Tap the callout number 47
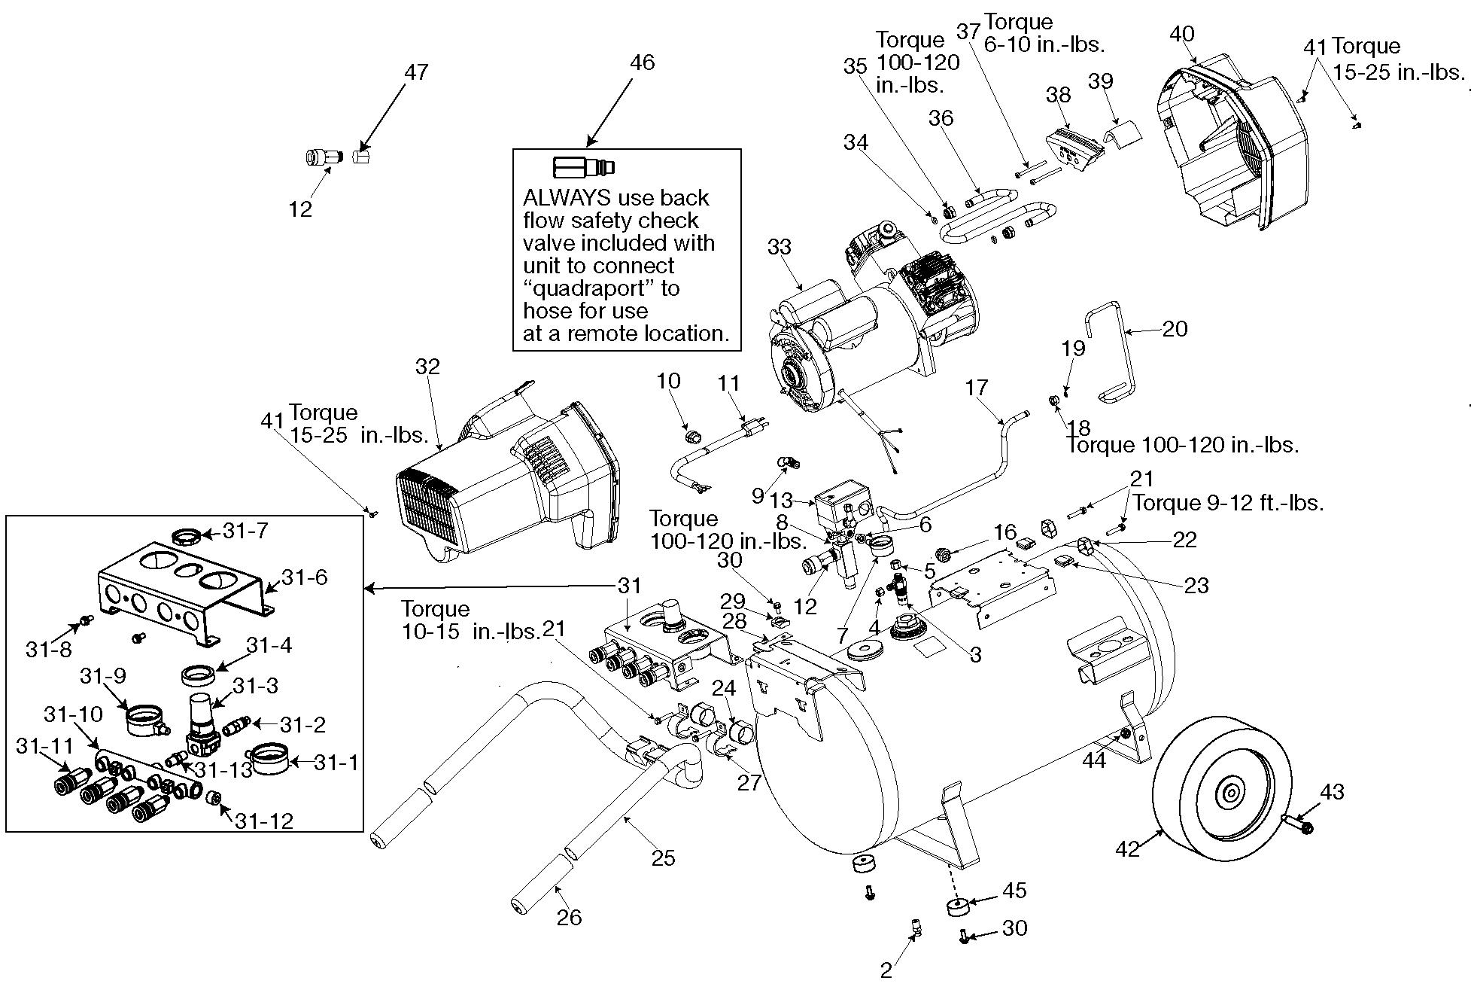(416, 72)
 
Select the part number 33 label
(780, 247)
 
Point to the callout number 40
(1182, 34)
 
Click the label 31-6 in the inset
(305, 577)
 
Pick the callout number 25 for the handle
(663, 858)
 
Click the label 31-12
(263, 821)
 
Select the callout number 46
(642, 62)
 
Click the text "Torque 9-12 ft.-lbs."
(1228, 503)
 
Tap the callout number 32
(427, 367)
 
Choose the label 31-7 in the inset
(245, 532)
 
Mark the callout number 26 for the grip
(569, 917)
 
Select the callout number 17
(976, 388)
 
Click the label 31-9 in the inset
(103, 677)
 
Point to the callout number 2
(886, 970)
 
